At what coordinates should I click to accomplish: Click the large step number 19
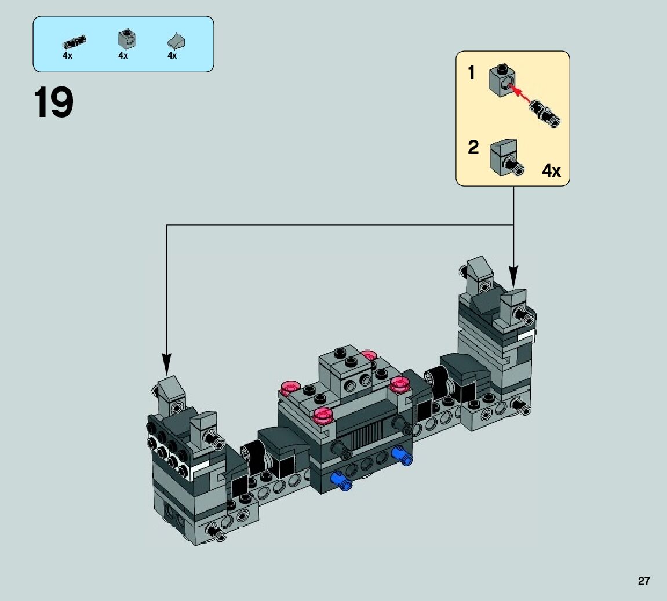(x=53, y=103)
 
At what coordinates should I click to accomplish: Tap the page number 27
(x=644, y=581)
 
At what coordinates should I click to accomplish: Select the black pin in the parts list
(x=74, y=42)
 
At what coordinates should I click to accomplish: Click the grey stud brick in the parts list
(x=127, y=39)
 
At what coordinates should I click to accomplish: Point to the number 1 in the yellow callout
(x=471, y=72)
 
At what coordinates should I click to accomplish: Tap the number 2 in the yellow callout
(x=473, y=147)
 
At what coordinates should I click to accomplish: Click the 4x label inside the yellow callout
(x=551, y=170)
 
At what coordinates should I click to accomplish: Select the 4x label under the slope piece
(x=172, y=56)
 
